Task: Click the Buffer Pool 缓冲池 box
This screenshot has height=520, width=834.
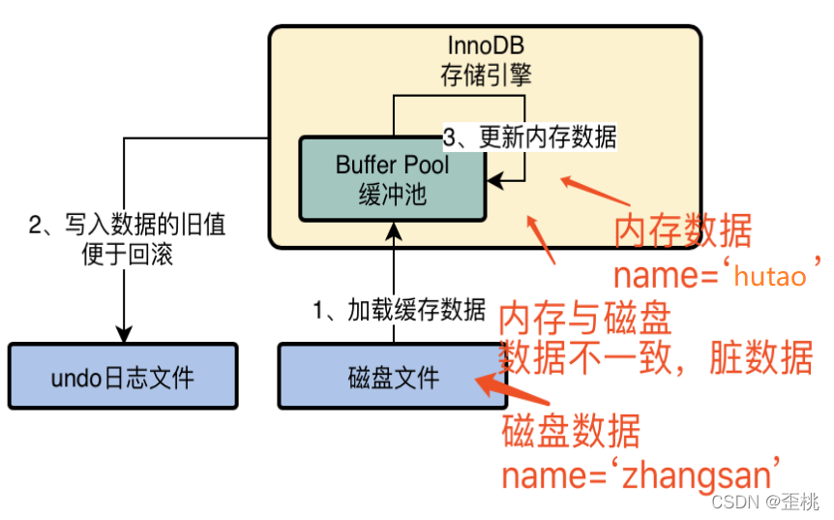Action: coord(393,179)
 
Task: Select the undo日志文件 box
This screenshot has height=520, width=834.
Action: coord(122,376)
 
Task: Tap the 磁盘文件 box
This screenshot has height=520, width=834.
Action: coord(393,376)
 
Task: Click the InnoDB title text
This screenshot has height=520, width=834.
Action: coord(485,46)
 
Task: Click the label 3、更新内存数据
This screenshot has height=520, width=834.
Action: coord(529,138)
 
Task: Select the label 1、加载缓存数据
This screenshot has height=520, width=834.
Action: coord(399,310)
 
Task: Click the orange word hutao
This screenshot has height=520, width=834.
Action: coord(770,276)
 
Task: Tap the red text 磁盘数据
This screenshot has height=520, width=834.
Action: coord(570,432)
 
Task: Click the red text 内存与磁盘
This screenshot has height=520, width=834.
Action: coord(584,319)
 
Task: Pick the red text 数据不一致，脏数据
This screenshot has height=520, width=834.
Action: coord(655,357)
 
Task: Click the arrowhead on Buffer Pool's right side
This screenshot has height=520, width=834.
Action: coord(493,180)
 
